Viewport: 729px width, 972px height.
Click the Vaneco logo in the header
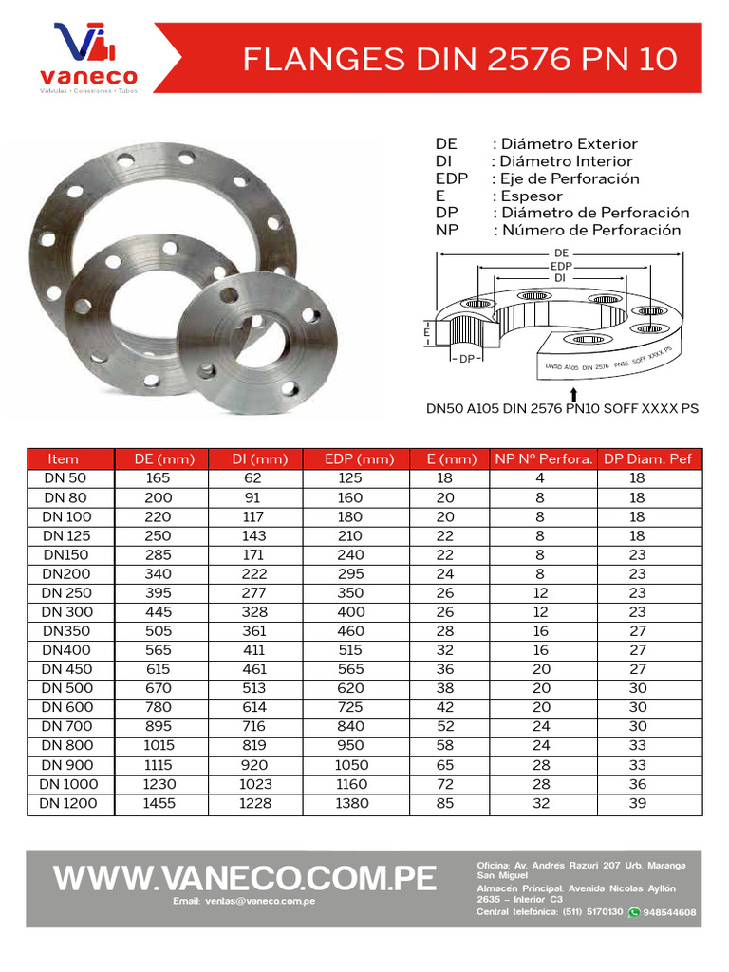tap(86, 59)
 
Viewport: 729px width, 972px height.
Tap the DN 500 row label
tap(65, 688)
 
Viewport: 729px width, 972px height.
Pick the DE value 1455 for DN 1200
tap(159, 803)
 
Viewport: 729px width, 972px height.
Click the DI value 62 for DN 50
tap(254, 479)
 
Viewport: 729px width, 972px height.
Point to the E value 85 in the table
tap(444, 803)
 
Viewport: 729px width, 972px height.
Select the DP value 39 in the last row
tap(637, 803)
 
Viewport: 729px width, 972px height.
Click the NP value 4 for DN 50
tap(539, 479)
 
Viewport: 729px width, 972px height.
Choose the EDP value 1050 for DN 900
tap(350, 765)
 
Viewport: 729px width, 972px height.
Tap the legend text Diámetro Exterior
tap(569, 144)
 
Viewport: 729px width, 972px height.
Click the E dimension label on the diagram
tap(427, 333)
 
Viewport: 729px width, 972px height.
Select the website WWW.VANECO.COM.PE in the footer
tap(245, 877)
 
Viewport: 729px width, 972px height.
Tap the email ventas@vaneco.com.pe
tap(244, 900)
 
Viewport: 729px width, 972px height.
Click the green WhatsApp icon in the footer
tap(634, 912)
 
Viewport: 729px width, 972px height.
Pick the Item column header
tap(64, 459)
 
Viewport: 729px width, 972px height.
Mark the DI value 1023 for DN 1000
tap(254, 784)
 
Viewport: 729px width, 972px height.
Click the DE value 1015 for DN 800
tap(159, 746)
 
